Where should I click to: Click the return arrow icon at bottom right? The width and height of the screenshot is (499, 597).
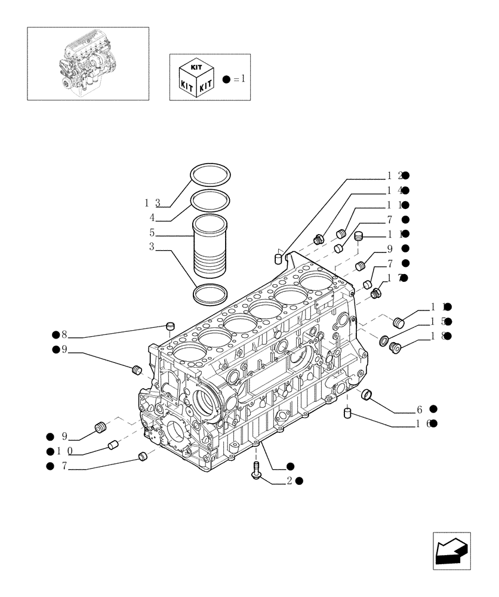click(x=452, y=550)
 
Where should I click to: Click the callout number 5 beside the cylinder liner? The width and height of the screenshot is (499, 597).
click(x=152, y=232)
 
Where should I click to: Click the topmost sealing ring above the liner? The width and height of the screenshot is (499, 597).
click(x=211, y=175)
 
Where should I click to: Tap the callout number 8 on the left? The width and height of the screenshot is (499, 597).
click(x=64, y=336)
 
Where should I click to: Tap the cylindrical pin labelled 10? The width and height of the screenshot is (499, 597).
click(x=113, y=445)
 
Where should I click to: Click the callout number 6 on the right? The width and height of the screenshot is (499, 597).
click(x=420, y=410)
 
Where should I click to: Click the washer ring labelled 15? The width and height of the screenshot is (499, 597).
click(x=385, y=341)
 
